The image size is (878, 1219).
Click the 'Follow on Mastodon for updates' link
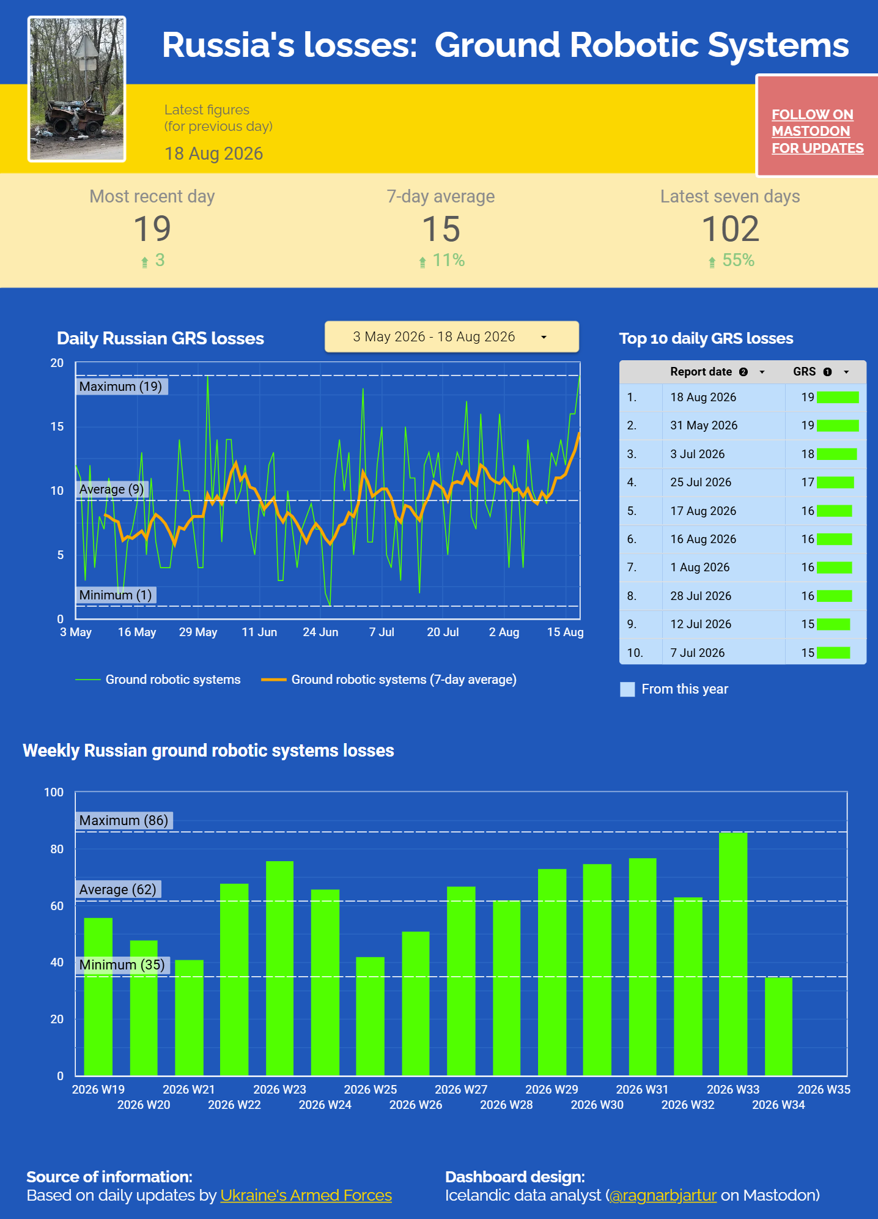(817, 131)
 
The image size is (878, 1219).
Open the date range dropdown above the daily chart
(452, 336)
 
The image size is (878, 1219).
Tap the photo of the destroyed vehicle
(77, 89)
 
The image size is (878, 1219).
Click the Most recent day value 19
(152, 229)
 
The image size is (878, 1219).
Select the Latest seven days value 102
(730, 229)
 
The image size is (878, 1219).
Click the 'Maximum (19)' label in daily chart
(121, 387)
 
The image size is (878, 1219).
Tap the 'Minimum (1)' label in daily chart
(116, 595)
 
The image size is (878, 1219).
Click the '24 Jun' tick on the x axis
(320, 632)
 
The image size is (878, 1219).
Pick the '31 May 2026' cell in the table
(704, 425)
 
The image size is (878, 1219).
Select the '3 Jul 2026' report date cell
(697, 454)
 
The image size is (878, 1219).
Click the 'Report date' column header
(701, 371)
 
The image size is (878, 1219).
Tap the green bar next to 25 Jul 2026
(835, 483)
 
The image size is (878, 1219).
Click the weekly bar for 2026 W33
(733, 954)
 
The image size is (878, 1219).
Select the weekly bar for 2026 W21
(189, 1018)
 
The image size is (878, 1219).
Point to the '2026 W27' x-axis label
(461, 1089)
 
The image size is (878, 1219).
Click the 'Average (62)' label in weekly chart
(118, 889)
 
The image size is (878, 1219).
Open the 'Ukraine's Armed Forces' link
(306, 1195)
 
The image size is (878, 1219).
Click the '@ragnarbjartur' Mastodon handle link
(663, 1195)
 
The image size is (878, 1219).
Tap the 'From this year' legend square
(627, 689)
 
